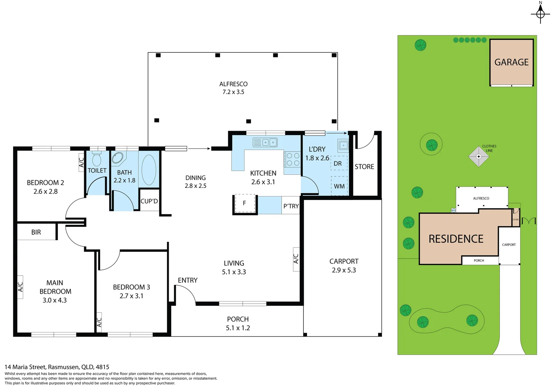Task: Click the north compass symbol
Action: pos(540,14)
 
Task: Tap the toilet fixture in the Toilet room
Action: pos(97,159)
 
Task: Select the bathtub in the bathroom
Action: pos(148,170)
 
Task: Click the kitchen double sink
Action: pos(265,142)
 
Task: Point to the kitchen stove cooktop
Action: pos(293,159)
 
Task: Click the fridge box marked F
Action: pos(245,203)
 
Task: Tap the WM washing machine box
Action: pos(339,186)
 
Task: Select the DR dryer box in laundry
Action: pos(338,163)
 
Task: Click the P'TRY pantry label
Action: pos(291,206)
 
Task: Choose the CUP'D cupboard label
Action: pos(149,201)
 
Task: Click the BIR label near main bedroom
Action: pos(36,232)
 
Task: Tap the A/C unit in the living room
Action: pos(296,259)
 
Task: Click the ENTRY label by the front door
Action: pos(187,280)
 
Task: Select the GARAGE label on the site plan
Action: pos(511,62)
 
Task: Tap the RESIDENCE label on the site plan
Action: pos(456,239)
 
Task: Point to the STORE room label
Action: pos(364,166)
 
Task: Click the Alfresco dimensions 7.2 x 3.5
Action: pos(233,92)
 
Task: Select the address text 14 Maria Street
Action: pos(57,367)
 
